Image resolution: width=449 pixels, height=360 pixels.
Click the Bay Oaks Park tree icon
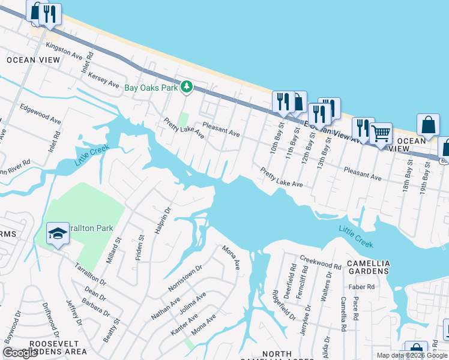[x=187, y=88]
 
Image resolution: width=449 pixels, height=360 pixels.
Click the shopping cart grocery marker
[x=381, y=133]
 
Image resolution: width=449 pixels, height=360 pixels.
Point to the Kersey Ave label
[x=104, y=80]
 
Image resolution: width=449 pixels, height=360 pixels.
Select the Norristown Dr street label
[x=185, y=278]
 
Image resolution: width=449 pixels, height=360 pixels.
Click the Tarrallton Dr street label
[x=90, y=273]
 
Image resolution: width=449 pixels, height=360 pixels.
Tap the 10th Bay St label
[x=277, y=139]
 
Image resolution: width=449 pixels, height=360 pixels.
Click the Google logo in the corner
[x=20, y=353]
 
